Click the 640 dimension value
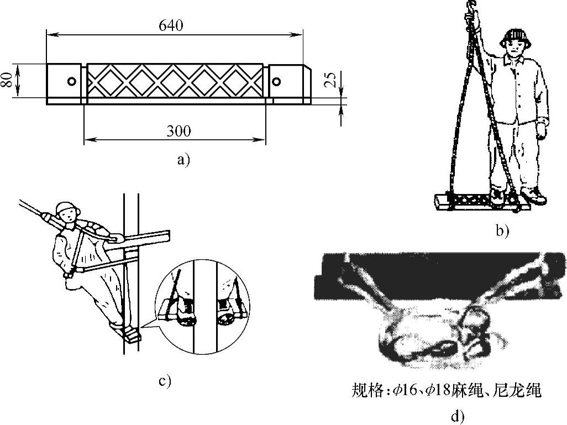tap(170, 26)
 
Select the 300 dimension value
tap(179, 131)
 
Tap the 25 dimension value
tap(330, 81)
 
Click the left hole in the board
tap(71, 81)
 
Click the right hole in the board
tap(276, 82)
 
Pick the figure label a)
tap(182, 160)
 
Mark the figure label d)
tap(457, 416)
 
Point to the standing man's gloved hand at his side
tap(542, 130)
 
